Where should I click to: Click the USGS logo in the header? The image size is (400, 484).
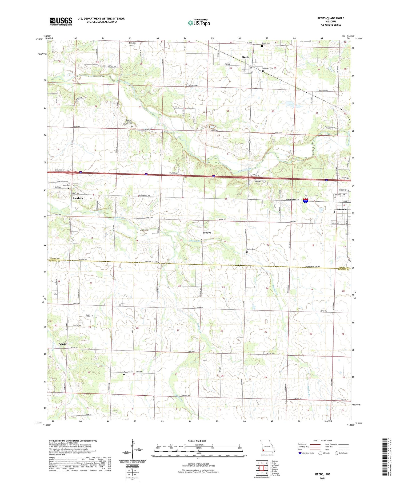61,21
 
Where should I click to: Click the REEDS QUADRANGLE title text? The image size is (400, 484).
330,18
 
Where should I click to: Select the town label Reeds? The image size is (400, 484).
246,57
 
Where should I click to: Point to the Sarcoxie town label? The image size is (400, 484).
341,210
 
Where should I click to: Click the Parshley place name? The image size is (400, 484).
78,198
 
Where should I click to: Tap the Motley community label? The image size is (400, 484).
207,233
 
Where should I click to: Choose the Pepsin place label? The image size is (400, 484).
62,344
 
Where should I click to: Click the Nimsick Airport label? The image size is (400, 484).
132,44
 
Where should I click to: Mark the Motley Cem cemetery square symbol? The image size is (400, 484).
247,252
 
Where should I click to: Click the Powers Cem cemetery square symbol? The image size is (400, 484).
124,375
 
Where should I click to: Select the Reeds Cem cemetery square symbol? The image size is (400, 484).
262,46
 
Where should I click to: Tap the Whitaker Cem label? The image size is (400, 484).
268,68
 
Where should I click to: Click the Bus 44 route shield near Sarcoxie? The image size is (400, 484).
306,200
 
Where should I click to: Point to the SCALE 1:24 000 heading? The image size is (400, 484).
197,441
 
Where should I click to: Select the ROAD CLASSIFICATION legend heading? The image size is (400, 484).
323,440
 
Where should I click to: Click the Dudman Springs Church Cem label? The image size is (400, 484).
129,122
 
